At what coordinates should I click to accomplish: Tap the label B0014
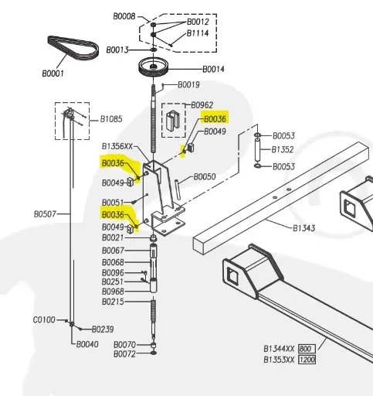(213, 69)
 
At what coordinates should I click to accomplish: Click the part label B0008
(124, 16)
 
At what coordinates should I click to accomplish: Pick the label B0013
(117, 49)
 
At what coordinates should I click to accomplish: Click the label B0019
(189, 84)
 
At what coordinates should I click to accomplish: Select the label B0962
(202, 104)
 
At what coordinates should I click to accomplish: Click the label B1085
(111, 119)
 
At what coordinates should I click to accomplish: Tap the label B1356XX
(120, 145)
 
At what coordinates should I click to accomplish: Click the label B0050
(204, 177)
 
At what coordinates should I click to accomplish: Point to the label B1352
(283, 150)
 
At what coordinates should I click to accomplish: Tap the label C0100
(43, 319)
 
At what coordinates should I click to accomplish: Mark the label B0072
(124, 353)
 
